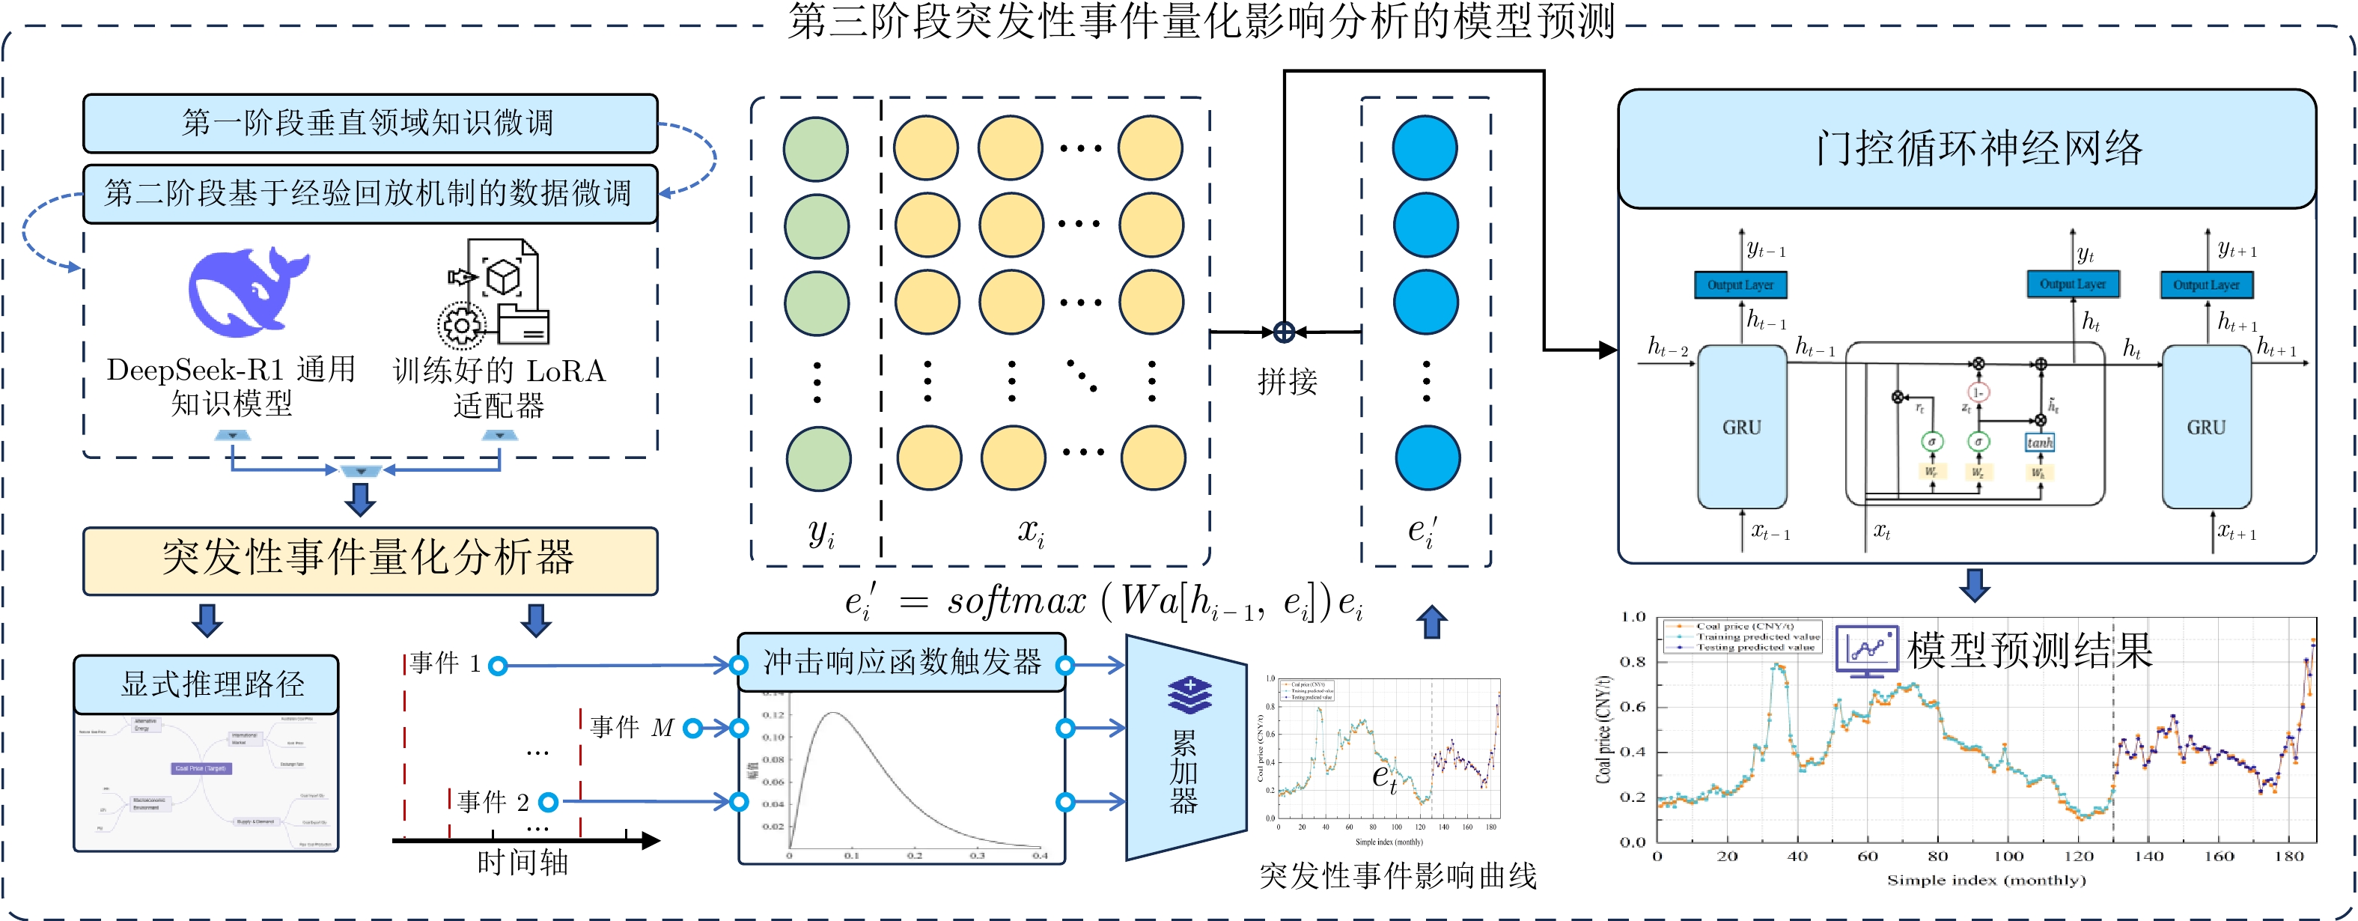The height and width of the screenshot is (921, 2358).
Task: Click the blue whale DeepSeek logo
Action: coord(247,292)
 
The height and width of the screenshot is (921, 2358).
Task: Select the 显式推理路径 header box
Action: coord(206,684)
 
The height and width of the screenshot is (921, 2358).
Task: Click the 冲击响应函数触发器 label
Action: coord(901,662)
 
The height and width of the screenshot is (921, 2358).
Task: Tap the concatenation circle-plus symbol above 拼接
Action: coord(1285,332)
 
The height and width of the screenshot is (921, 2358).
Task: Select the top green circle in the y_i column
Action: coord(816,148)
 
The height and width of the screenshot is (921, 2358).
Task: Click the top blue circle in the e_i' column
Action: coord(1425,148)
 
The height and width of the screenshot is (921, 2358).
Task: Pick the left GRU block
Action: coord(1741,427)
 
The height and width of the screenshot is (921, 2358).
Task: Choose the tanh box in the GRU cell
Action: coord(2039,443)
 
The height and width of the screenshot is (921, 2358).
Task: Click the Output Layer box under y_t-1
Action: coord(1740,285)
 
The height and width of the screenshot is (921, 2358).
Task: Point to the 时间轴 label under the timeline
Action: coord(523,863)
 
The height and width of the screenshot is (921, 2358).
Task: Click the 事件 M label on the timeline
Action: coord(632,728)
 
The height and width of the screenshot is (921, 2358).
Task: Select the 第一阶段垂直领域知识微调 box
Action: coord(370,123)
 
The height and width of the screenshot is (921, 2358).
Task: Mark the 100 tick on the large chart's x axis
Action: coord(2008,857)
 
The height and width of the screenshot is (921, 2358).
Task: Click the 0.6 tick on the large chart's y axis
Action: coord(1633,707)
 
